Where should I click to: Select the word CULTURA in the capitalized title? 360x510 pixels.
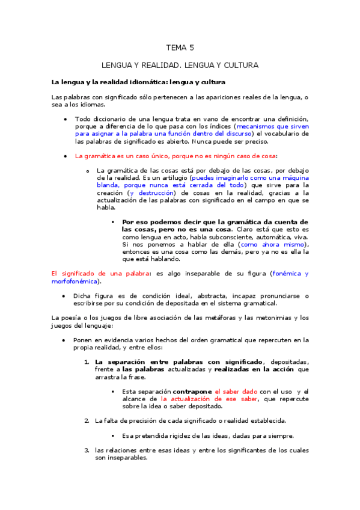[x=240, y=64]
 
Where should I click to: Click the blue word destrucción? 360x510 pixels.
[x=153, y=193]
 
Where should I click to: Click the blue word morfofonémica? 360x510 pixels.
[x=75, y=281]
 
